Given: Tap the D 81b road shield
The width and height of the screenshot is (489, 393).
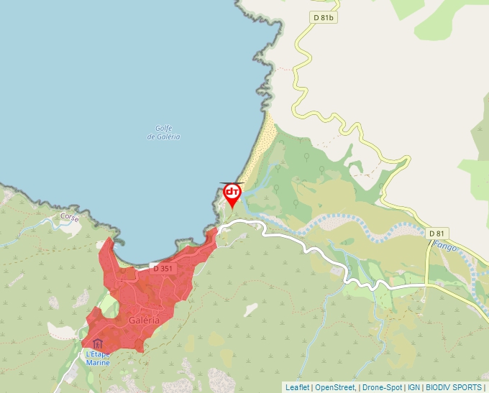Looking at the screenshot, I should pyautogui.click(x=324, y=17).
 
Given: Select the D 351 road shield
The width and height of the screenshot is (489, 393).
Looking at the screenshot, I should pyautogui.click(x=163, y=268).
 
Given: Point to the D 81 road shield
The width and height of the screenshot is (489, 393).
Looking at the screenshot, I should pyautogui.click(x=437, y=233).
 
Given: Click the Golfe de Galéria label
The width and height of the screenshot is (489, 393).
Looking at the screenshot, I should pyautogui.click(x=163, y=133).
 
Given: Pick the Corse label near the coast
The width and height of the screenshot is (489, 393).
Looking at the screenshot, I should pyautogui.click(x=70, y=216).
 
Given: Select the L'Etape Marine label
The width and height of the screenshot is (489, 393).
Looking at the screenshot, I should pyautogui.click(x=98, y=358).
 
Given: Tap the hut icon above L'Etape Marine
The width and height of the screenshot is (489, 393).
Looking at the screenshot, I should pyautogui.click(x=98, y=344).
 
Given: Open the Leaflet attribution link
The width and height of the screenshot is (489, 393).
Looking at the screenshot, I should pyautogui.click(x=297, y=387).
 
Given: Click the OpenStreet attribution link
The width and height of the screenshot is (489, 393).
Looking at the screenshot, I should pyautogui.click(x=334, y=387).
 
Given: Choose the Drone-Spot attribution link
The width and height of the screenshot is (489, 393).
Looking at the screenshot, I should pyautogui.click(x=382, y=387).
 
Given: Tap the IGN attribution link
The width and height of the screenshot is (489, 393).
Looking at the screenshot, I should pyautogui.click(x=413, y=387).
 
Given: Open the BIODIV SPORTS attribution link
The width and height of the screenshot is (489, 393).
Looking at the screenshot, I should pyautogui.click(x=454, y=387).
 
